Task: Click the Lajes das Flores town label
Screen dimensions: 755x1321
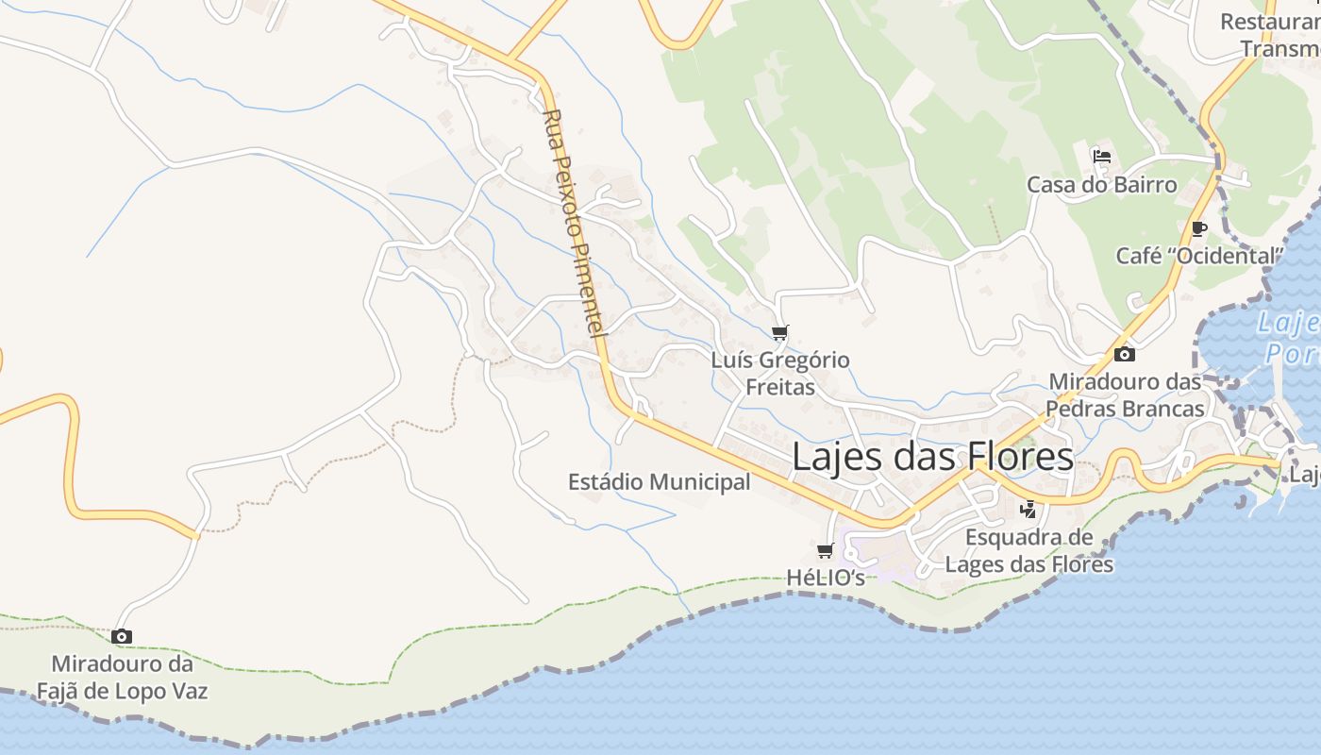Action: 932,457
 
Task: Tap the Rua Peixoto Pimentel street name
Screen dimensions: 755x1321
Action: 575,224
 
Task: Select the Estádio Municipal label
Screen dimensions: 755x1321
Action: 659,482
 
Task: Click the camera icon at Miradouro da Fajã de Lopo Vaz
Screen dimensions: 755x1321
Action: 122,637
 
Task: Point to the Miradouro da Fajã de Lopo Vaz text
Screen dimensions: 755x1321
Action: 122,678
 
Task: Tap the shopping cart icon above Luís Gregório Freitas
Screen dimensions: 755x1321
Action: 779,332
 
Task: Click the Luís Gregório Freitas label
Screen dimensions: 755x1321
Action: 780,373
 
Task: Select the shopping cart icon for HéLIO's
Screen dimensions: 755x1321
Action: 826,550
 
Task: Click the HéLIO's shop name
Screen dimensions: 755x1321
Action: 826,578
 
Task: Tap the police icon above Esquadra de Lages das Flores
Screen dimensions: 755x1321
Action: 1028,510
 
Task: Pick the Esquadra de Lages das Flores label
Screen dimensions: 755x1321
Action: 1029,551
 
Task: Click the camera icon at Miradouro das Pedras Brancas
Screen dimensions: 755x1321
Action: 1124,355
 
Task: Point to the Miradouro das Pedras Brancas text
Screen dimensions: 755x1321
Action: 1125,395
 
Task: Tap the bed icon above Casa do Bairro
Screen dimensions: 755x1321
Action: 1101,157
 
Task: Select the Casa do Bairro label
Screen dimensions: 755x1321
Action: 1101,184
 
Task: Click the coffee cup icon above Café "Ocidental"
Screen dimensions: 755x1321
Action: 1198,228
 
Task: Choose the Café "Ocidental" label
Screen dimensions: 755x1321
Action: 1199,256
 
